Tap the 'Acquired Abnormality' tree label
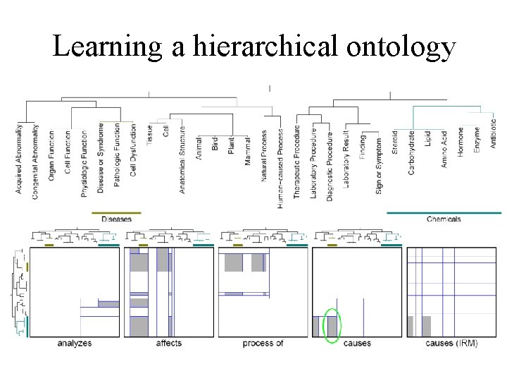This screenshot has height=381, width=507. pyautogui.click(x=19, y=159)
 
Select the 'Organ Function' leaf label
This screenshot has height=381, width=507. pyautogui.click(x=51, y=155)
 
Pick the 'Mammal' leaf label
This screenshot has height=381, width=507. pyautogui.click(x=248, y=147)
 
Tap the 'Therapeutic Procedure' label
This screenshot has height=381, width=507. pyautogui.click(x=297, y=162)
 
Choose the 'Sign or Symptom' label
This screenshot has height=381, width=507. pyautogui.click(x=379, y=165)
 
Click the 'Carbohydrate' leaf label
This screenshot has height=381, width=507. pyautogui.click(x=411, y=152)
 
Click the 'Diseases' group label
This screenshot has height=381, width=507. pyautogui.click(x=116, y=219)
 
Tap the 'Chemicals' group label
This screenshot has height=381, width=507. pyautogui.click(x=444, y=219)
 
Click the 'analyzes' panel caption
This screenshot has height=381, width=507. pyautogui.click(x=74, y=344)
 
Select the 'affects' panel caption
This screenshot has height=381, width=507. pyautogui.click(x=169, y=344)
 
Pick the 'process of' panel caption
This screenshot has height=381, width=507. pyautogui.click(x=263, y=344)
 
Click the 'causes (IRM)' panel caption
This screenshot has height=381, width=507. pyautogui.click(x=451, y=344)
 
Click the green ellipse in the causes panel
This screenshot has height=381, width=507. pyautogui.click(x=331, y=326)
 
